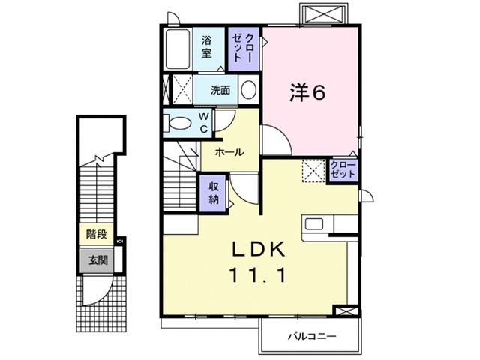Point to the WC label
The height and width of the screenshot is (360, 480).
[203, 123]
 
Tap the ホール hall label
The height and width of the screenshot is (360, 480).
[229, 152]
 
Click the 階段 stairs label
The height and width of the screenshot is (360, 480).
[96, 234]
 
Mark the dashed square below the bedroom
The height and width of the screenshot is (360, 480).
[311, 171]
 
